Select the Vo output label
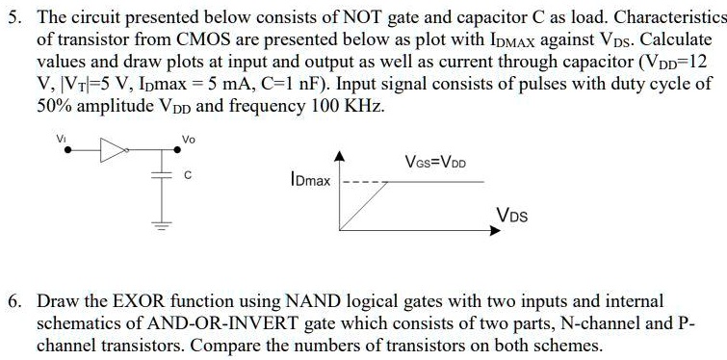click(x=188, y=140)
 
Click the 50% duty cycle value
click(x=54, y=106)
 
